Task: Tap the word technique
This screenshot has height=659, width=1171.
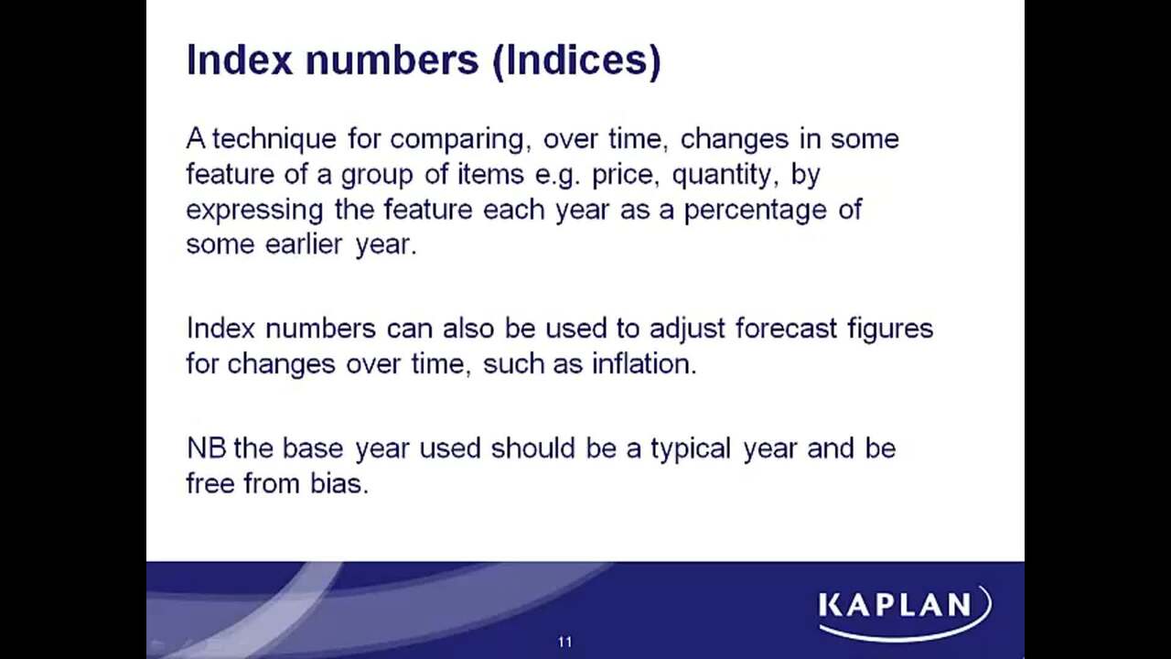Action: pyautogui.click(x=274, y=139)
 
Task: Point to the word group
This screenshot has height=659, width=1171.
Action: pyautogui.click(x=377, y=175)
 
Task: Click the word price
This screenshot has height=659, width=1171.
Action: pyautogui.click(x=623, y=175)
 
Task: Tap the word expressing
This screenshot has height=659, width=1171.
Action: pyautogui.click(x=254, y=211)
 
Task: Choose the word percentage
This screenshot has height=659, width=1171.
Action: pyautogui.click(x=756, y=211)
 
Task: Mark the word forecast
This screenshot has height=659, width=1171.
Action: pyautogui.click(x=786, y=329)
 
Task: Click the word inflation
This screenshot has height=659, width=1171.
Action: pyautogui.click(x=645, y=363)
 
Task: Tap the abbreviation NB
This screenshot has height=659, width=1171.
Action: pyautogui.click(x=207, y=448)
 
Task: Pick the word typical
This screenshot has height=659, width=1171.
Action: pyautogui.click(x=691, y=449)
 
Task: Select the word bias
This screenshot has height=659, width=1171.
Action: pyautogui.click(x=339, y=483)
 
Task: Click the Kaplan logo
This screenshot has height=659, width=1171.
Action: pyautogui.click(x=905, y=612)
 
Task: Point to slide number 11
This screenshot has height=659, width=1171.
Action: pyautogui.click(x=565, y=643)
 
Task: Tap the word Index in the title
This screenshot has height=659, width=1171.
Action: pyautogui.click(x=239, y=59)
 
